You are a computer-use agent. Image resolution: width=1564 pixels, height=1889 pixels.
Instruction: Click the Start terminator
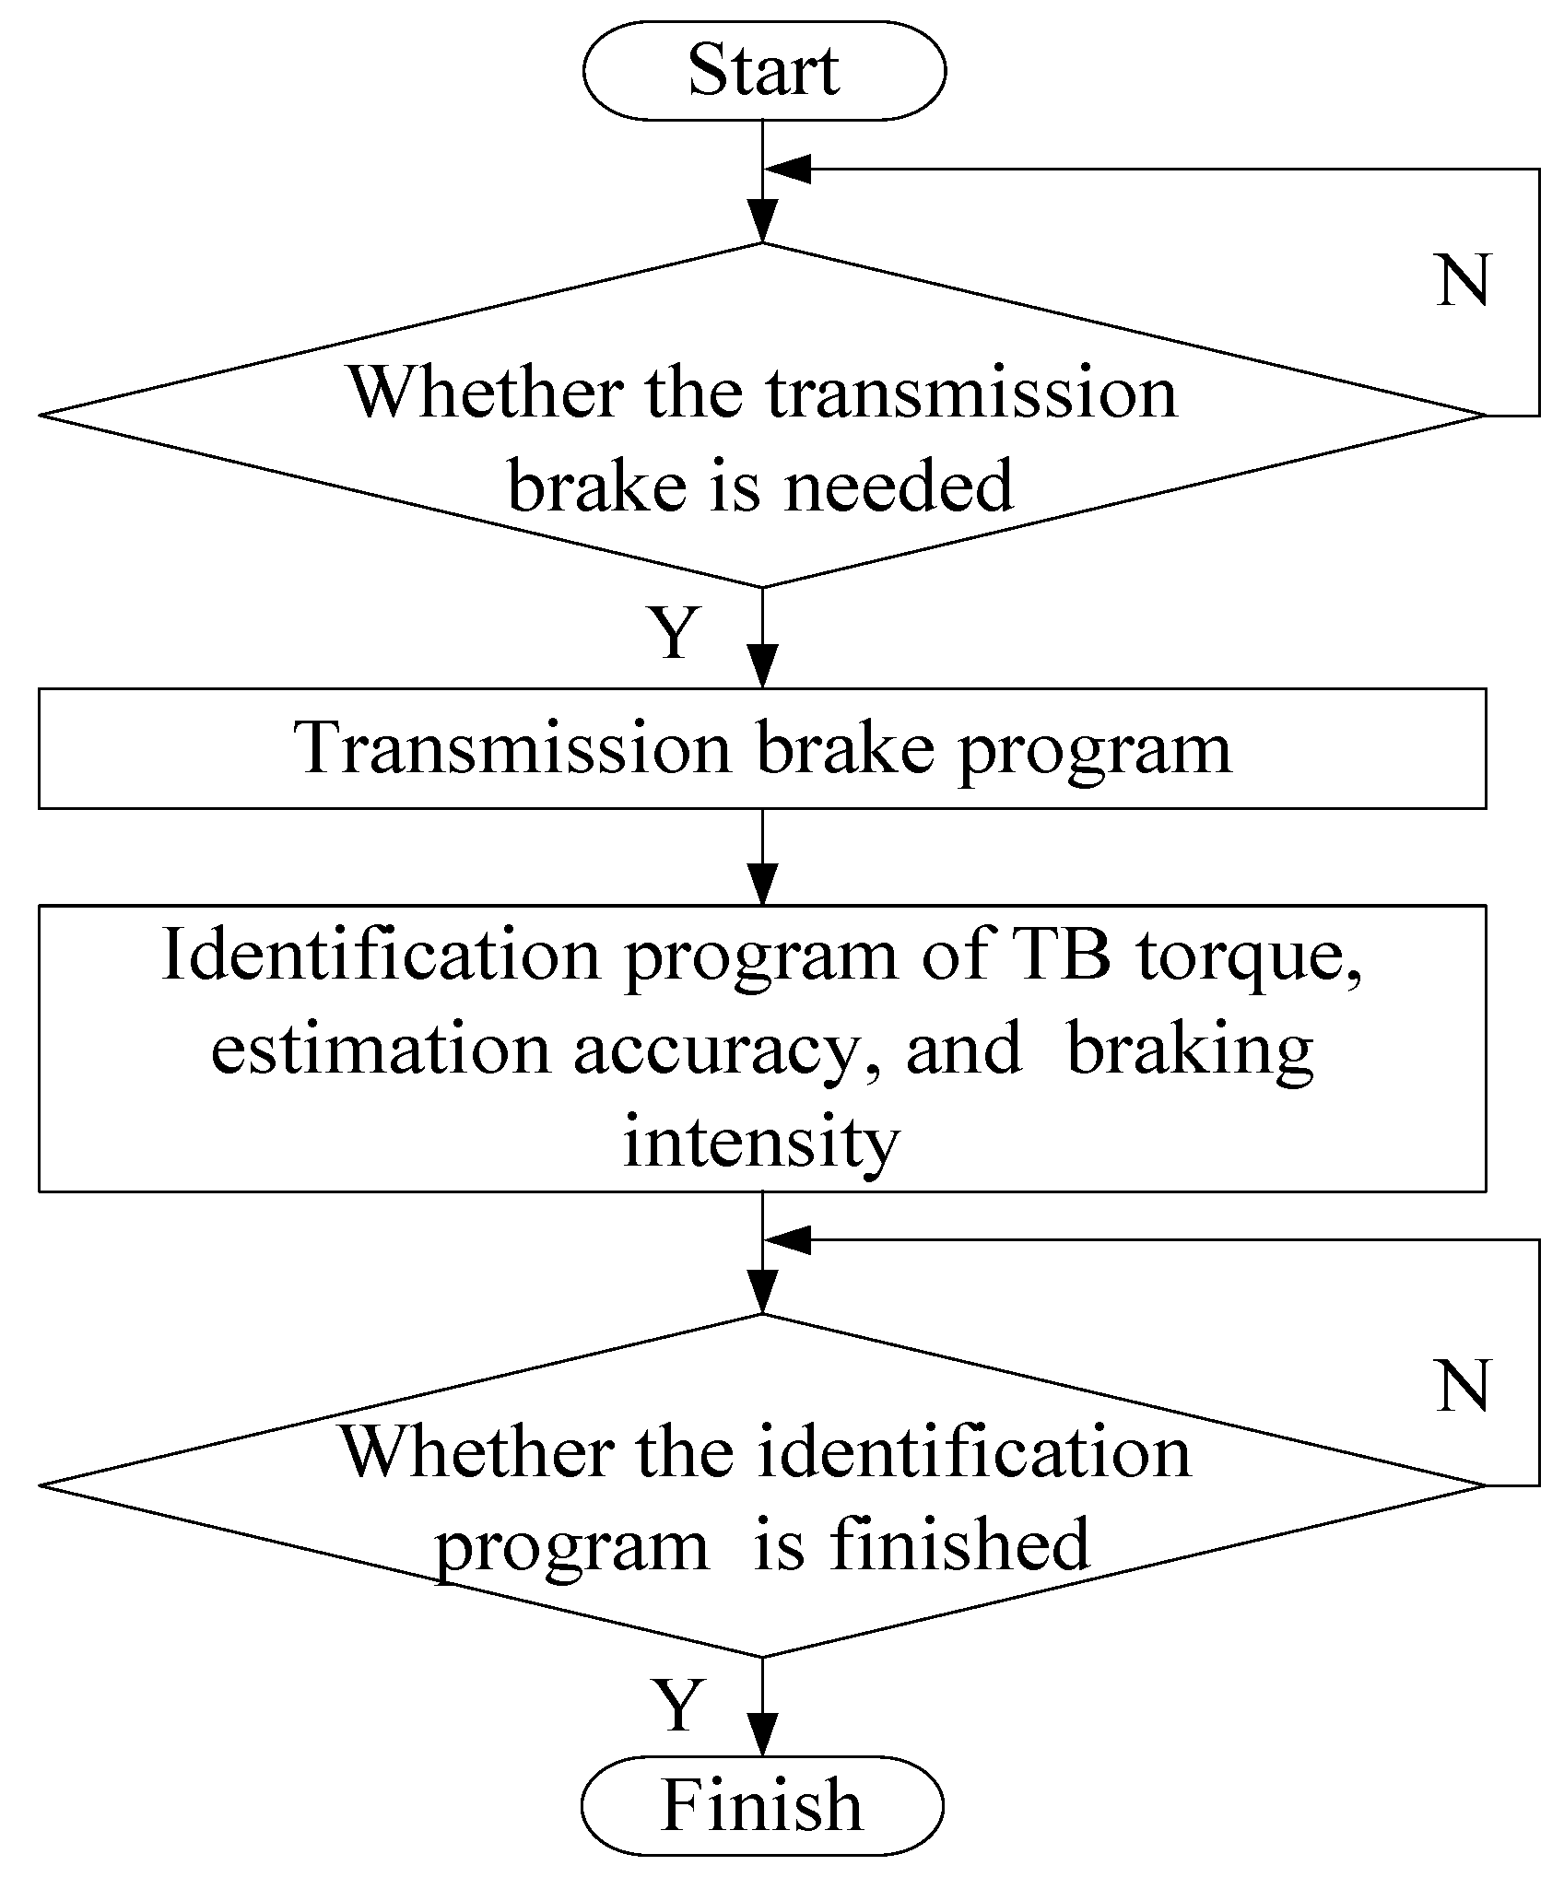(x=764, y=71)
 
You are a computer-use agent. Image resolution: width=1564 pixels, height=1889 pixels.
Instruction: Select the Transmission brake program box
(x=762, y=748)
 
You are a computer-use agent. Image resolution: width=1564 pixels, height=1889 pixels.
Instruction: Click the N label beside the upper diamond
(x=1463, y=280)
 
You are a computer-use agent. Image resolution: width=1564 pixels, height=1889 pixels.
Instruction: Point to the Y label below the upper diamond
(x=676, y=634)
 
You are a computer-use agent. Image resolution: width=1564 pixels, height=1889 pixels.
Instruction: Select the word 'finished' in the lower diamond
(x=958, y=1545)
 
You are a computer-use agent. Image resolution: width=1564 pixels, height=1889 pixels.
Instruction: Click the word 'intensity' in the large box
(x=761, y=1143)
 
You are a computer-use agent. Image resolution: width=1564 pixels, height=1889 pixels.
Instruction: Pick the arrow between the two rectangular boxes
(x=763, y=857)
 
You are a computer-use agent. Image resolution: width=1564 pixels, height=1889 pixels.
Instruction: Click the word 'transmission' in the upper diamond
(x=972, y=393)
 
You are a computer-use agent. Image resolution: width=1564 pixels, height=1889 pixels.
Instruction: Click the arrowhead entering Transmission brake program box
(x=763, y=664)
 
